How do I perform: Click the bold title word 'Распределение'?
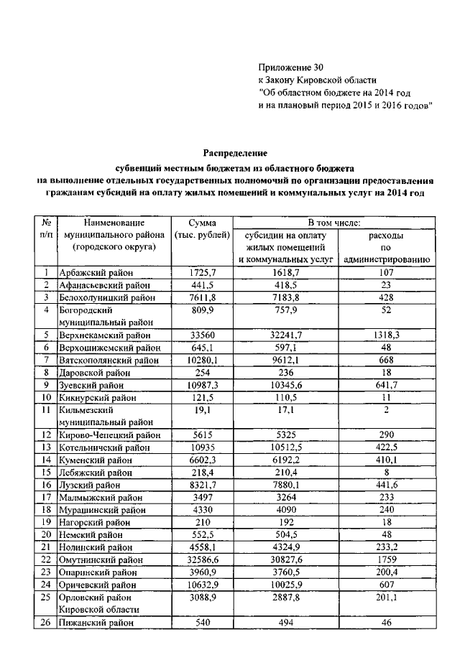[x=235, y=153]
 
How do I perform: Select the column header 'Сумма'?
[x=203, y=223]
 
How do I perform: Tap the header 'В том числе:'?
[x=335, y=223]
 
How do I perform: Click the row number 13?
[x=46, y=447]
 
